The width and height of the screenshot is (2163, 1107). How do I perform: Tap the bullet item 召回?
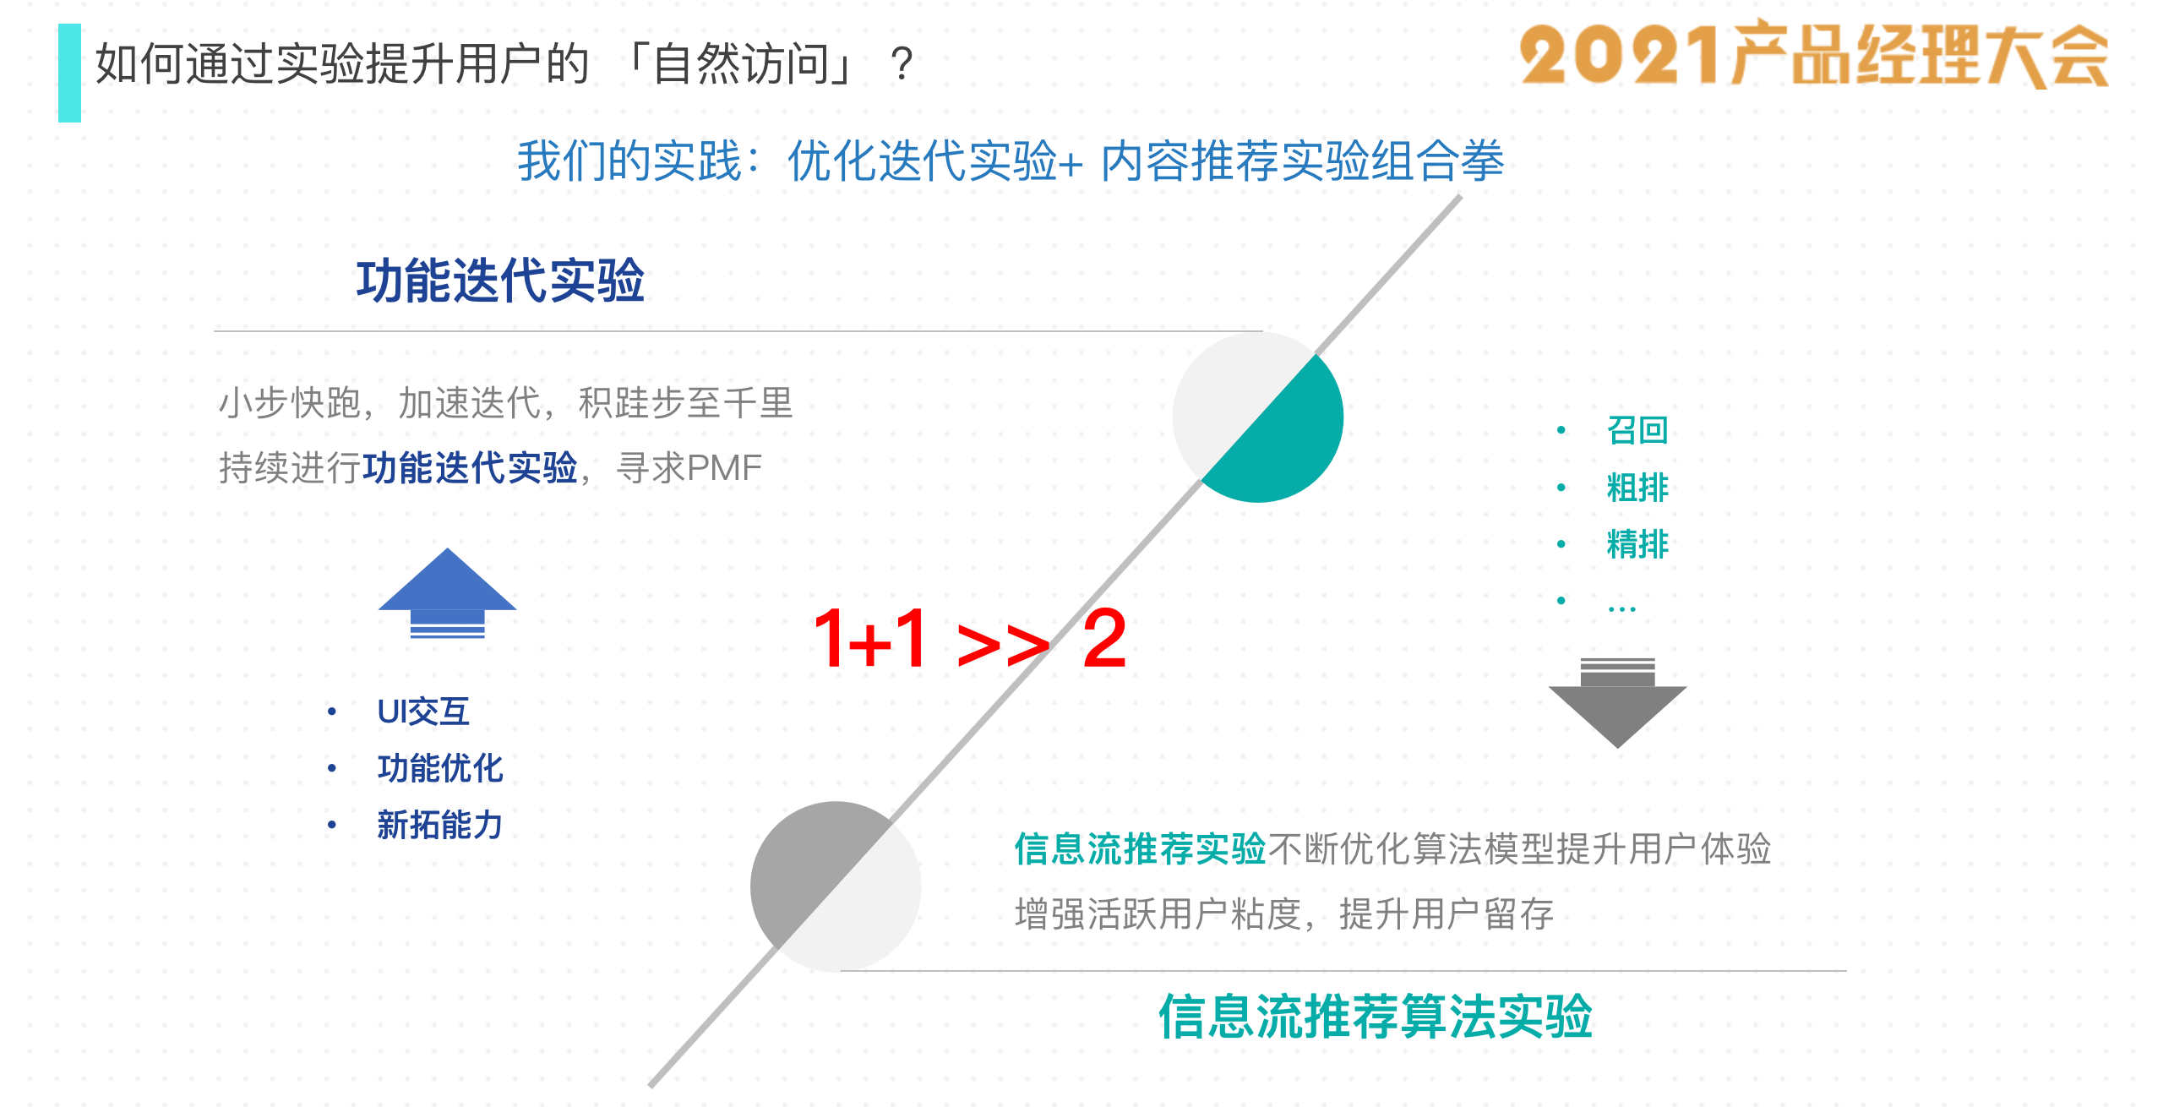(x=1637, y=430)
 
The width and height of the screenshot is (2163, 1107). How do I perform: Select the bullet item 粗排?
(x=1637, y=488)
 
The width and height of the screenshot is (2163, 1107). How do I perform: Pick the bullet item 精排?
(x=1637, y=544)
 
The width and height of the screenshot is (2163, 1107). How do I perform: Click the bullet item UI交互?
(x=423, y=712)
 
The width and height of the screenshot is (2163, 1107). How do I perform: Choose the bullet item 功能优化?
(x=440, y=768)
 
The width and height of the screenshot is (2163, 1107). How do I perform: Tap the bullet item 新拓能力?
(x=440, y=825)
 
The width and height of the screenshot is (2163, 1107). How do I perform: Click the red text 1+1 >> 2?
(x=969, y=640)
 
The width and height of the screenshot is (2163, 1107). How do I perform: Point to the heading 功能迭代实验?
(x=500, y=281)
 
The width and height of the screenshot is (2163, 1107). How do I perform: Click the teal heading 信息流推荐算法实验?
(x=1376, y=1016)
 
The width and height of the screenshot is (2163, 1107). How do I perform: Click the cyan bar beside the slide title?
(x=69, y=73)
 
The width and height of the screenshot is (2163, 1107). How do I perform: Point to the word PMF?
(x=725, y=468)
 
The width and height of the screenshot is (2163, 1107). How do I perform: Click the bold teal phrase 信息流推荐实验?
(x=1140, y=849)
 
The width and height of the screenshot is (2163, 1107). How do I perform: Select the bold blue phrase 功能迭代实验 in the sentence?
(x=470, y=468)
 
